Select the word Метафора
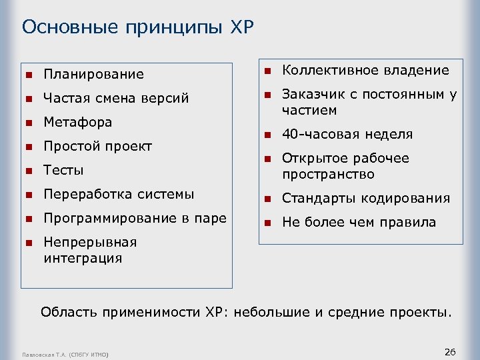coord(77,123)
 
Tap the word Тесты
coord(63,171)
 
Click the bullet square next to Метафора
coord(29,123)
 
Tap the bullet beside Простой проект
coord(29,147)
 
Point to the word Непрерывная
coord(89,242)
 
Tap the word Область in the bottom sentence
coord(67,311)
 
